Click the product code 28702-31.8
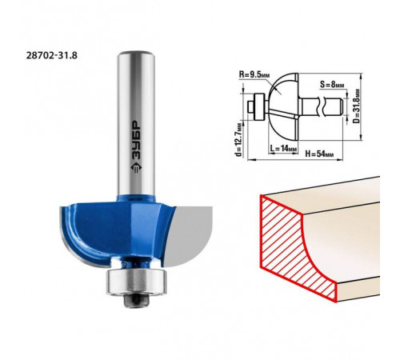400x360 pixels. coord(52,55)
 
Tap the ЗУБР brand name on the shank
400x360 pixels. coord(136,139)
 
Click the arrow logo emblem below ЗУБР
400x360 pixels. coord(136,167)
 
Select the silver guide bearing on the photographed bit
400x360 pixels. coord(137,282)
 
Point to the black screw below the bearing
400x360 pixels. coord(136,301)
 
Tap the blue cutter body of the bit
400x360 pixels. coord(114,230)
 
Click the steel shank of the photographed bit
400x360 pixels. coord(136,123)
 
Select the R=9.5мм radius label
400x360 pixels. coord(254,74)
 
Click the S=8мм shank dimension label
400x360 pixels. coord(332,85)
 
